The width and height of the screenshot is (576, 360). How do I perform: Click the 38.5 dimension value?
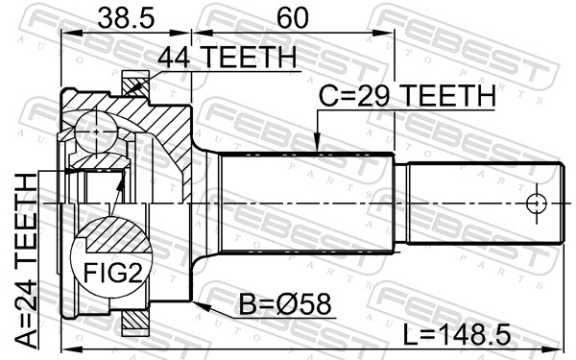[126, 18]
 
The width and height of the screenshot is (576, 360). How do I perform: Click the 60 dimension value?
[293, 18]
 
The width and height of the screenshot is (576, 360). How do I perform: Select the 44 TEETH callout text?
[227, 57]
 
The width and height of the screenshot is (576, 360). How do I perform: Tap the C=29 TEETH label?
[407, 95]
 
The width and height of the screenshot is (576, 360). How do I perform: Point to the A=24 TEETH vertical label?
[27, 260]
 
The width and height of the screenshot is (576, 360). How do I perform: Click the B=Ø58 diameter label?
[285, 304]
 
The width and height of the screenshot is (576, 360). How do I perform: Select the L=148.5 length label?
[457, 334]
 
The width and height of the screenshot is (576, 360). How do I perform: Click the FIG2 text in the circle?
[112, 273]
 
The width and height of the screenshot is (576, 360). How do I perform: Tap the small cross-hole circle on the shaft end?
[537, 204]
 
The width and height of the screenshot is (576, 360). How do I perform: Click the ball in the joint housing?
[96, 132]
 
